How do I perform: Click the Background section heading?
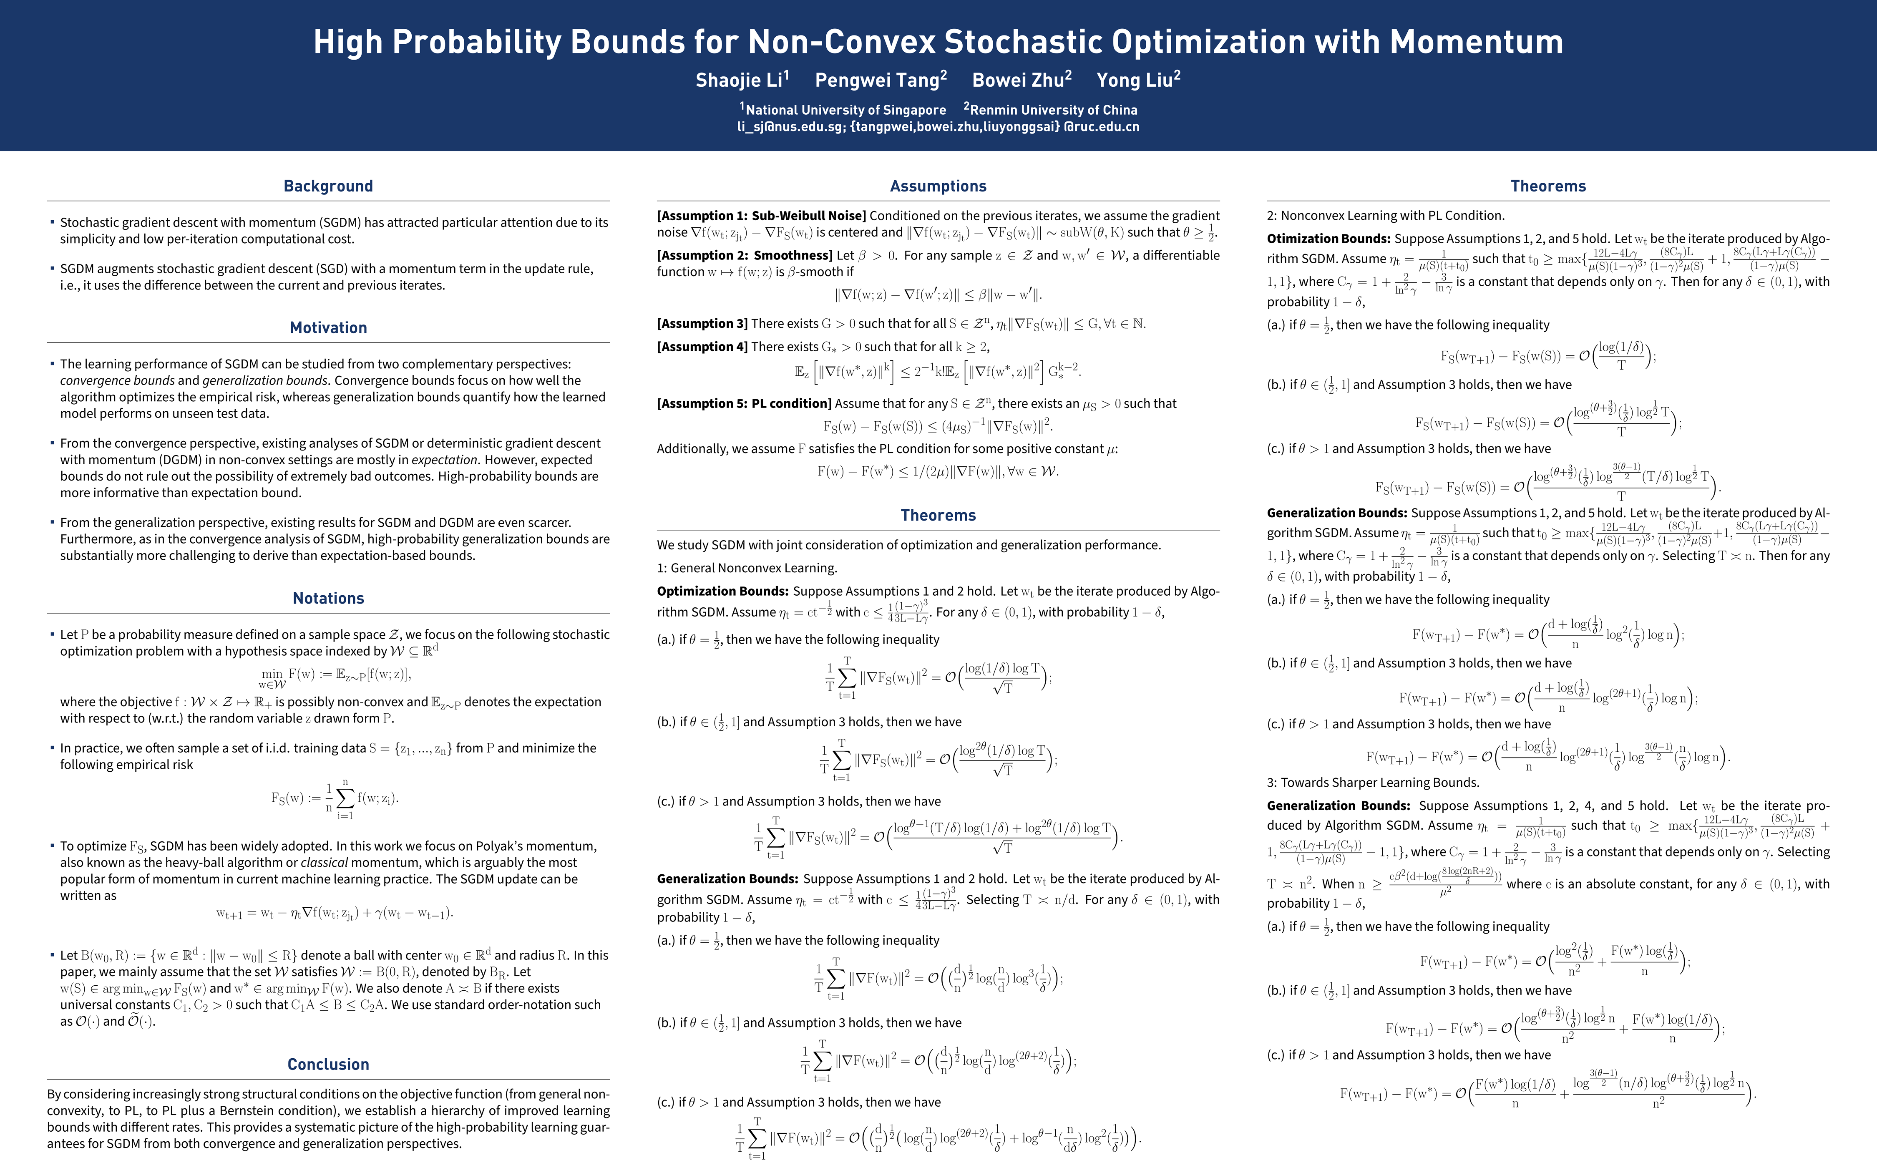click(x=328, y=186)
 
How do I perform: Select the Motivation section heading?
click(x=328, y=328)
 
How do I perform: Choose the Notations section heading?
click(x=328, y=598)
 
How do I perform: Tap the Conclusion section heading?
click(x=328, y=1065)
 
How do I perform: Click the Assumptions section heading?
click(x=938, y=186)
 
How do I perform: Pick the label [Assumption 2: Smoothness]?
click(x=745, y=255)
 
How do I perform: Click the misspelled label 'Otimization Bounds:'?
click(x=1328, y=239)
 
